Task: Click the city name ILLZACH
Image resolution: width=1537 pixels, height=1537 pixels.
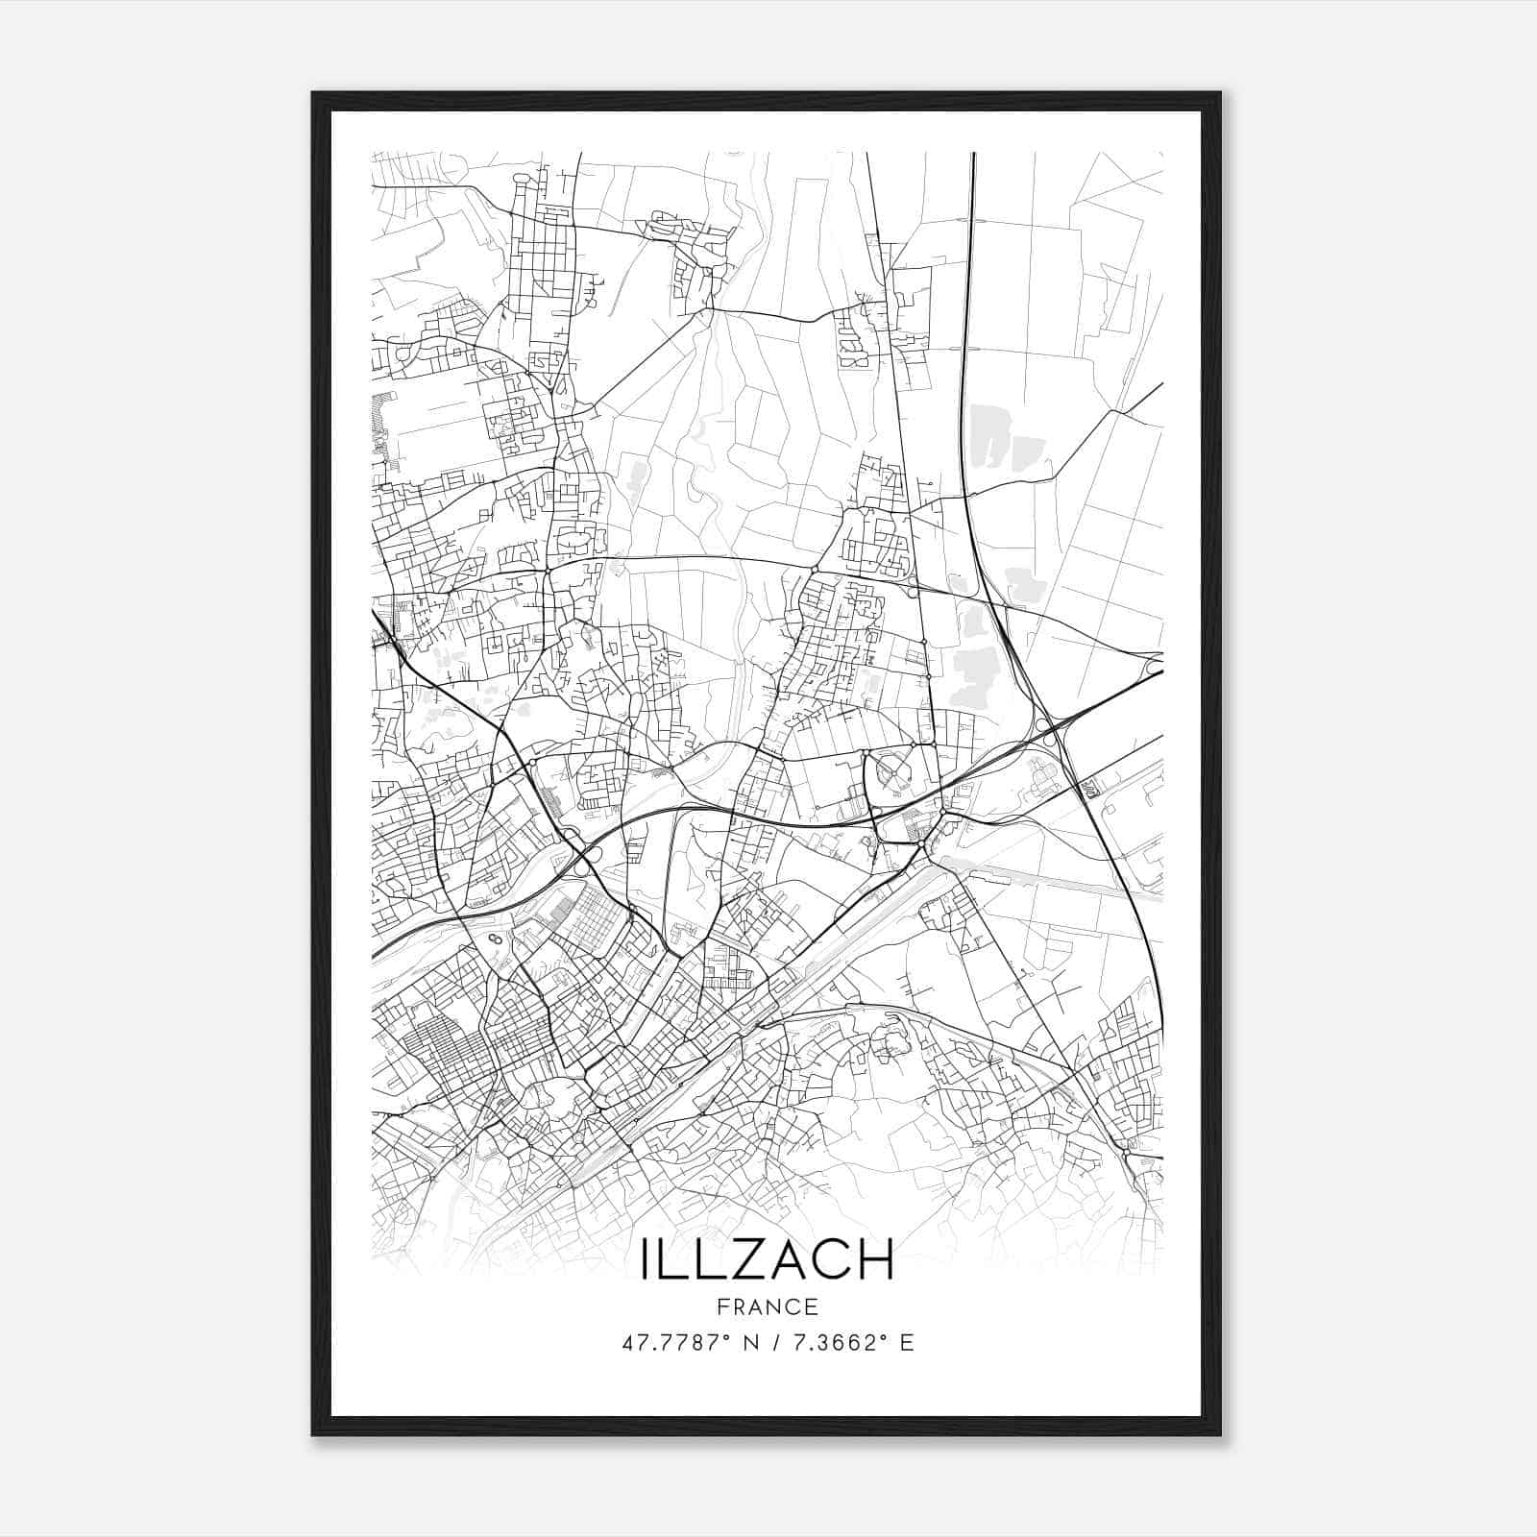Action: [768, 1259]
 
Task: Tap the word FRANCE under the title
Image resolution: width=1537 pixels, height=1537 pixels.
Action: [768, 1306]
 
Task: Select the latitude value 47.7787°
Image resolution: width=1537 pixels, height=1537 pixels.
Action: [684, 1343]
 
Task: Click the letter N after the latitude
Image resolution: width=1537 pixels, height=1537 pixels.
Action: [763, 1343]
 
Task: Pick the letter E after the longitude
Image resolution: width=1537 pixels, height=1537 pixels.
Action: [907, 1343]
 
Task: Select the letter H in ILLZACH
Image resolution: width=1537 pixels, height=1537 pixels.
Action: [875, 1259]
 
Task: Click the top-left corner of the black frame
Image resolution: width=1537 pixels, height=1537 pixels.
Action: [313, 93]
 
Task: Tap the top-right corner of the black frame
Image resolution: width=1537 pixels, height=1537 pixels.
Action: [1219, 93]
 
